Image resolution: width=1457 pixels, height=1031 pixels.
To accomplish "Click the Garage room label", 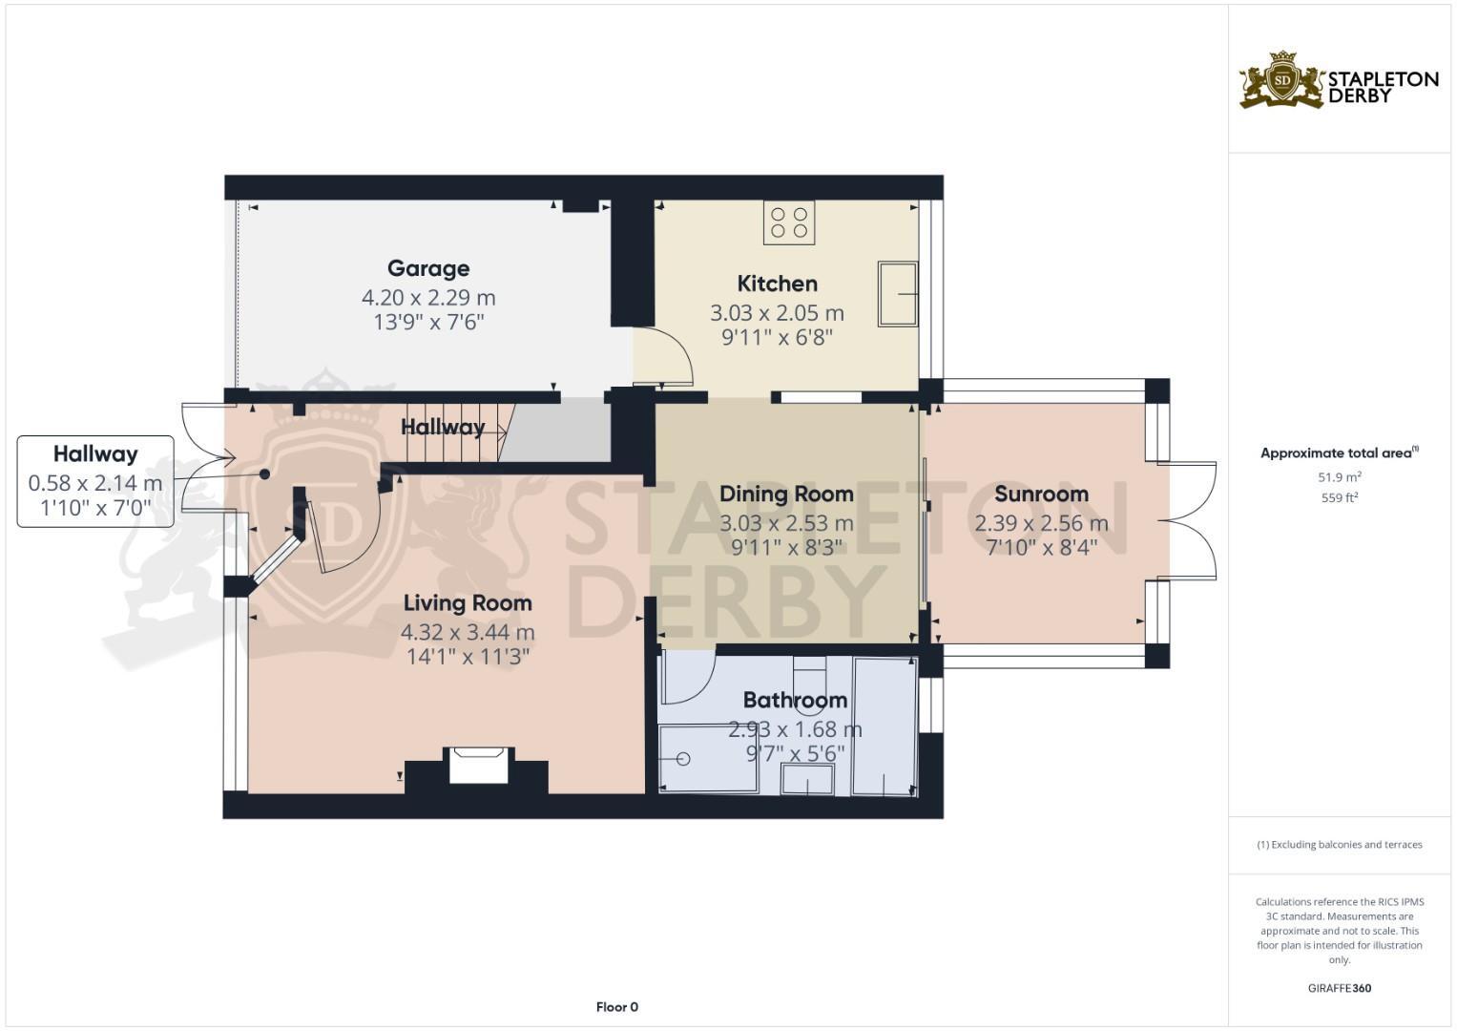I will tap(427, 268).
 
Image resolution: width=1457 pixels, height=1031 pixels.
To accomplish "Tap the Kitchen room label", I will tap(777, 284).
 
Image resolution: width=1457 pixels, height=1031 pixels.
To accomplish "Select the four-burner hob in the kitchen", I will tap(789, 222).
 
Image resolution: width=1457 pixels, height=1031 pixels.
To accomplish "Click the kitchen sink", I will tap(897, 294).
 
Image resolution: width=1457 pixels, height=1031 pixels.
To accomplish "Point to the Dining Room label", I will tap(786, 494).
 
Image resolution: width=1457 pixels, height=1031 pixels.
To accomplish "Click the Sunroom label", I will tap(1041, 494).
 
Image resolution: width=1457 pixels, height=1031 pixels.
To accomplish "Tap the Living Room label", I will tap(467, 602).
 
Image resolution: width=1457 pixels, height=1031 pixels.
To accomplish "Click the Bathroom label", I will tap(795, 700).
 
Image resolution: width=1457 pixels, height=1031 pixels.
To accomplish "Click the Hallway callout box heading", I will tap(95, 454).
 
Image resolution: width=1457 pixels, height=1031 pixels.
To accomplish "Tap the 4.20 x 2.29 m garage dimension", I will tap(427, 298).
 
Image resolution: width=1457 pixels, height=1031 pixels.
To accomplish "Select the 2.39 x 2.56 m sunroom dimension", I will tap(1041, 523).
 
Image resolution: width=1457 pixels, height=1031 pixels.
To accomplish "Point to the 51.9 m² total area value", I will tap(1340, 476).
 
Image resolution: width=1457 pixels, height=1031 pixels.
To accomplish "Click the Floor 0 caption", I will tap(616, 1006).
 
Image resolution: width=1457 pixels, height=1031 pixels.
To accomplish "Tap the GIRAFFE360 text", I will tap(1340, 988).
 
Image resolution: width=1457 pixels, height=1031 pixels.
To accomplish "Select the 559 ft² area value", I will tap(1340, 497).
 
